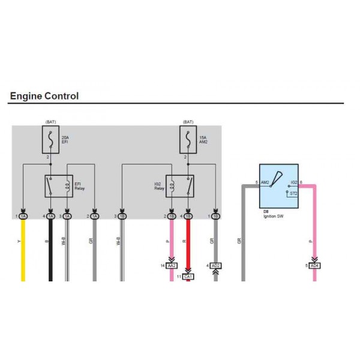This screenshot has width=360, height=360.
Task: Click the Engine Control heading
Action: [44, 96]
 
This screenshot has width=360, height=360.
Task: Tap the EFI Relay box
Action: [58, 186]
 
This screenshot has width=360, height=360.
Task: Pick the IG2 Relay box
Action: [179, 186]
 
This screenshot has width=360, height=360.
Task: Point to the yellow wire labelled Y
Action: [23, 252]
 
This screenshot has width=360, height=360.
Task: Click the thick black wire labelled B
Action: [50, 252]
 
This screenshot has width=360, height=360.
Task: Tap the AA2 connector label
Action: [172, 265]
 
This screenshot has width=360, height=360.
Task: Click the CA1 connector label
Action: [188, 277]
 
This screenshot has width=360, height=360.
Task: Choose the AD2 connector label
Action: [216, 265]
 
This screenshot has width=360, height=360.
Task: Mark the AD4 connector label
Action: [314, 265]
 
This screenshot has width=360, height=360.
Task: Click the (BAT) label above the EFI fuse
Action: [50, 122]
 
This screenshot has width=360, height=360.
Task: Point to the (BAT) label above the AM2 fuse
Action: [188, 122]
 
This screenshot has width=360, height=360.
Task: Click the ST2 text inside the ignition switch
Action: [293, 194]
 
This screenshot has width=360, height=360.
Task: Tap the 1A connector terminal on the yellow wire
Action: [23, 216]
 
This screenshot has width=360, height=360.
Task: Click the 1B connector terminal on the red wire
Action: [188, 216]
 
